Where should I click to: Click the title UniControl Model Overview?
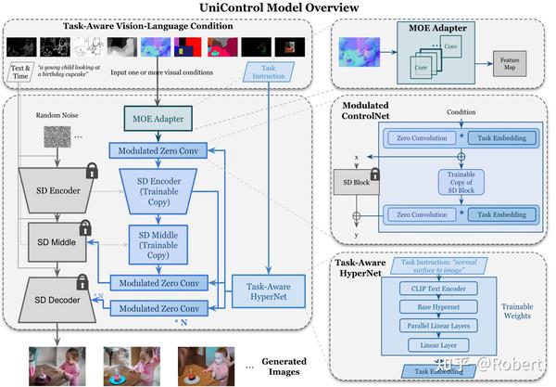[x=278, y=8]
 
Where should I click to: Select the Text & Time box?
[x=22, y=73]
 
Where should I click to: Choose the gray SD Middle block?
[x=57, y=240]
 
